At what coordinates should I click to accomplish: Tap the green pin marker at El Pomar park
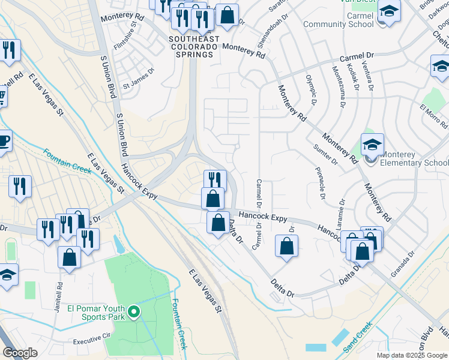(x=134, y=312)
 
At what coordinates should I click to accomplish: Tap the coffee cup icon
(x=4, y=142)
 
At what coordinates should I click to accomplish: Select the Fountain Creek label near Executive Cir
(x=179, y=324)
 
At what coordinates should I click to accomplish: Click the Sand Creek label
(x=357, y=338)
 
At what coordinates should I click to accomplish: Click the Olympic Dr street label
(x=310, y=88)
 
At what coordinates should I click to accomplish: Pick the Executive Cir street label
(x=92, y=338)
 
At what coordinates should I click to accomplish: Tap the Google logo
(x=20, y=353)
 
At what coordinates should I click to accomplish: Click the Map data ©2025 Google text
(x=412, y=355)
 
